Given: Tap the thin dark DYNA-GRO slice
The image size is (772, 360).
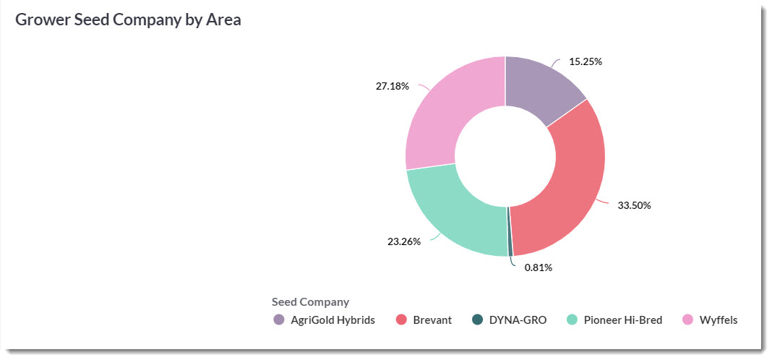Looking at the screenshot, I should coord(510,231).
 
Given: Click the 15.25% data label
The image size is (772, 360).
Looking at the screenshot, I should coord(586,61).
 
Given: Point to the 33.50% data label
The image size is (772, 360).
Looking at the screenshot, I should coord(634,205).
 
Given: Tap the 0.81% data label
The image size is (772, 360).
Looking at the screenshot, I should coord(539,267).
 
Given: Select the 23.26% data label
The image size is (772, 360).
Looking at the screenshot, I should coord(404,241).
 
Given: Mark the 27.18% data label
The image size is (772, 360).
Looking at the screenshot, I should coord(393,86).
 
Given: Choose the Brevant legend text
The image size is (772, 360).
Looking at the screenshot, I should coord(432,320).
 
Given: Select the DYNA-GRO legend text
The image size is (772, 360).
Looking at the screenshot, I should coord(518,320).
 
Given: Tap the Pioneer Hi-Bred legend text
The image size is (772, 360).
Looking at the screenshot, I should coord(623,320).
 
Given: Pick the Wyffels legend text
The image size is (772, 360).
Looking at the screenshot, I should coord(719,320).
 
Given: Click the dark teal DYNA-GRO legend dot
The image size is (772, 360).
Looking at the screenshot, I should coord(476,320).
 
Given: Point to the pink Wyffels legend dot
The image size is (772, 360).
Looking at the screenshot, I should coord(687,320).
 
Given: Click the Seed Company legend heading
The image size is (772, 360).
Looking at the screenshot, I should coord(310,301).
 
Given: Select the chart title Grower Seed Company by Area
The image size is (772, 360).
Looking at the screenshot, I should coord(129,20).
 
